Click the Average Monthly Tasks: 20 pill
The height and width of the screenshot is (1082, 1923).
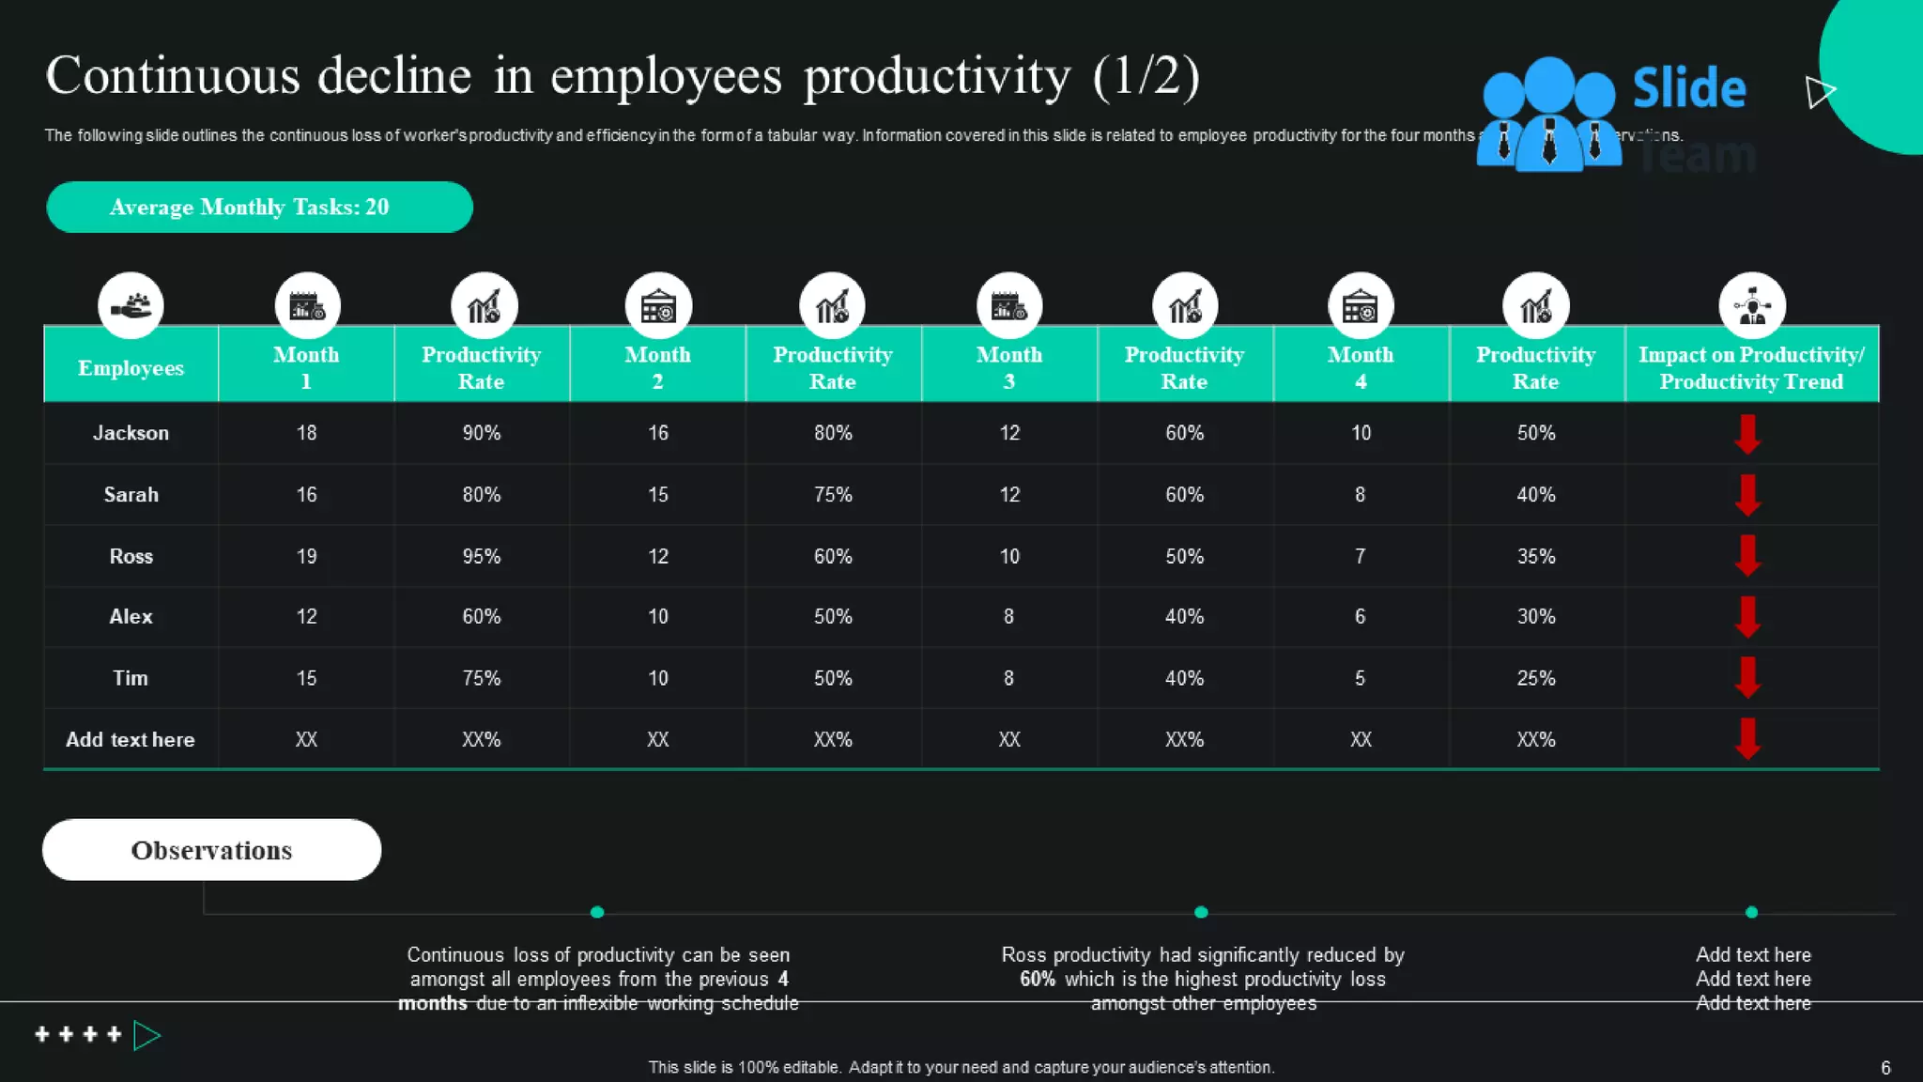[259, 207]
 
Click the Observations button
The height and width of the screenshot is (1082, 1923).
[211, 850]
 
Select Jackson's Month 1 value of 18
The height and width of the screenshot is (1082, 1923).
[306, 433]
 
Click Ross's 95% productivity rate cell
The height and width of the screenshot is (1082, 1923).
[481, 556]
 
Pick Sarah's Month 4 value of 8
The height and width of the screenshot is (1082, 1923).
[1360, 495]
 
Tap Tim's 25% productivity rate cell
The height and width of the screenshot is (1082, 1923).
[1535, 678]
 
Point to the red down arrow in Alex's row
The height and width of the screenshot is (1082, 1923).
[1746, 617]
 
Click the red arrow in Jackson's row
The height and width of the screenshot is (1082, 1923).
[1746, 434]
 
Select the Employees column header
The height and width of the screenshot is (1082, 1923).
[131, 368]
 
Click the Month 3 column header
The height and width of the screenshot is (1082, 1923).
[1008, 367]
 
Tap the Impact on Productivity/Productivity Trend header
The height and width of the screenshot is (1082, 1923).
[1751, 367]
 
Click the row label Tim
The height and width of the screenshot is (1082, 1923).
[131, 678]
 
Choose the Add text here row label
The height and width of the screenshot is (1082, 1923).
[131, 740]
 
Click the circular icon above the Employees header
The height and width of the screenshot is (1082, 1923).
[131, 305]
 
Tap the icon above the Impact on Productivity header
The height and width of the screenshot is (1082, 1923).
[1751, 305]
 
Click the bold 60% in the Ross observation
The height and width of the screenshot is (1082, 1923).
[1037, 979]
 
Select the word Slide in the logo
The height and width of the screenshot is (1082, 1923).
[1688, 88]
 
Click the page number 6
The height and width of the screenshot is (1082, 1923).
[1885, 1068]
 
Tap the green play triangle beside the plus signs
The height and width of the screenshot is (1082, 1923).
[146, 1035]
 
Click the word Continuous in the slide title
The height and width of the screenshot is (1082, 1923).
[172, 77]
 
